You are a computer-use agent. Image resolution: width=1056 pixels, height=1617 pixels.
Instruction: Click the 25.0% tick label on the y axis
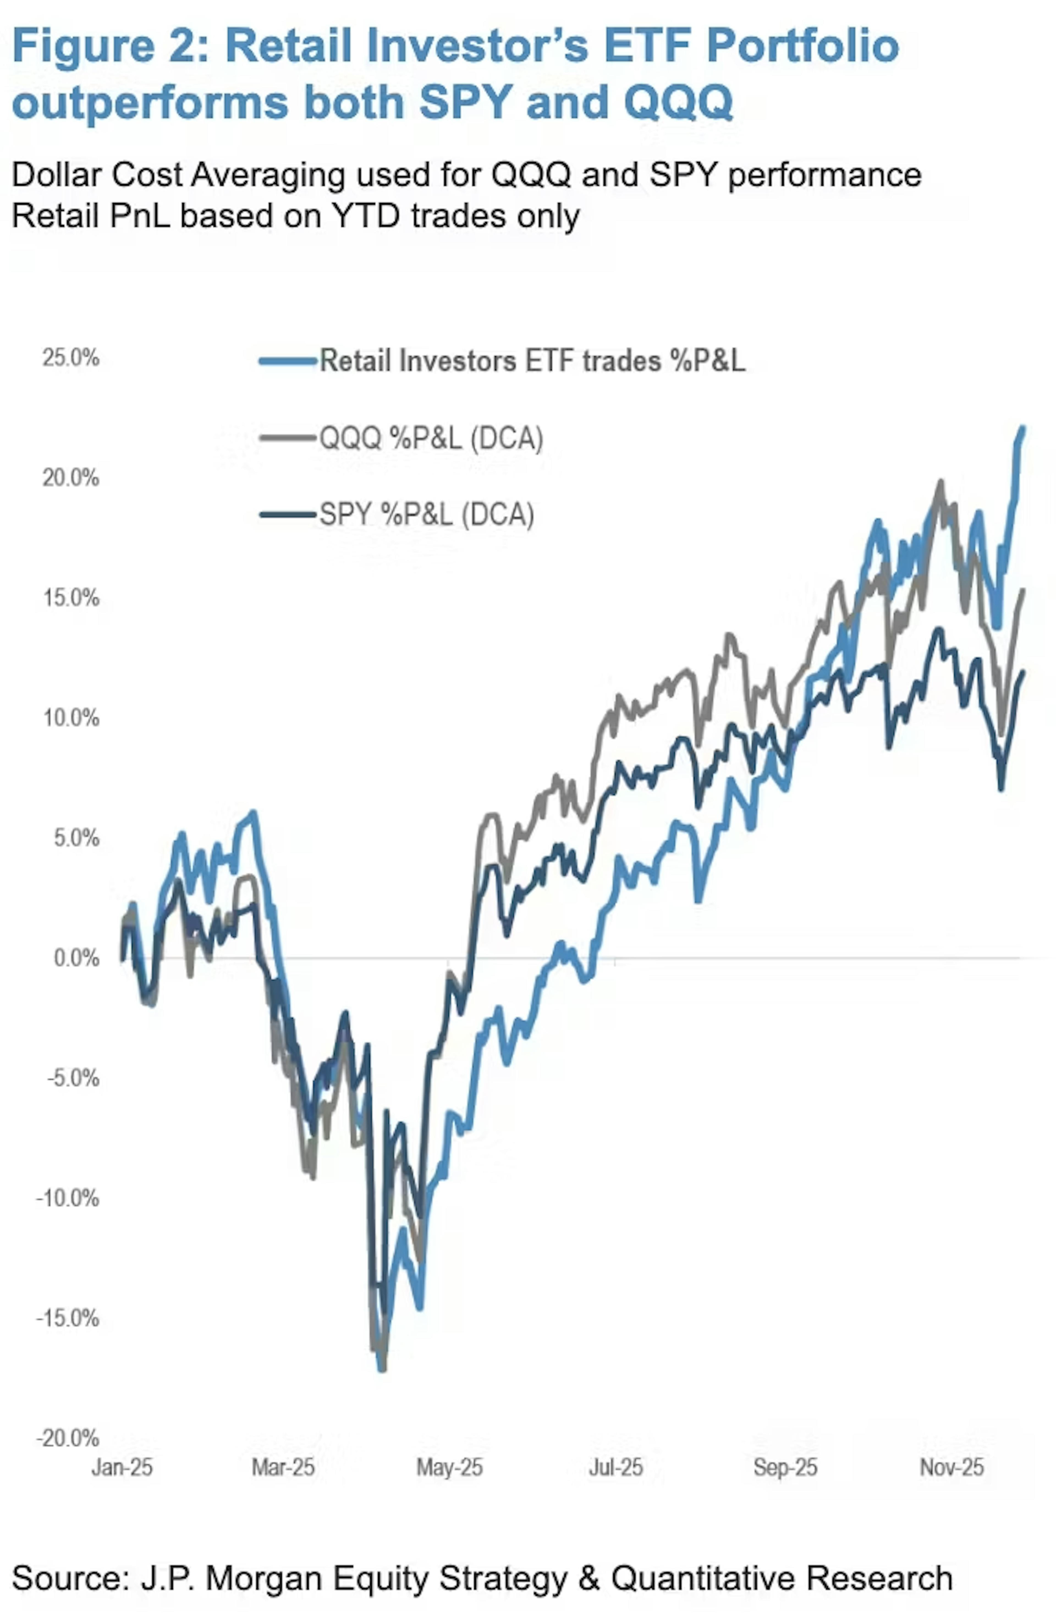(x=71, y=358)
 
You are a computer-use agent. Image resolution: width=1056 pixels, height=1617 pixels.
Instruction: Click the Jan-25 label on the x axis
(x=122, y=1468)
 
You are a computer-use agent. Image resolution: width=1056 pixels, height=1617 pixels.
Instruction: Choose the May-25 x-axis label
(x=449, y=1468)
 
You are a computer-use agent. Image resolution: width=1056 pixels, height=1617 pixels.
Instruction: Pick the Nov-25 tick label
(x=952, y=1468)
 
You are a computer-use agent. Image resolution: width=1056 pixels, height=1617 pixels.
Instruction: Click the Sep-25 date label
(x=785, y=1468)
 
